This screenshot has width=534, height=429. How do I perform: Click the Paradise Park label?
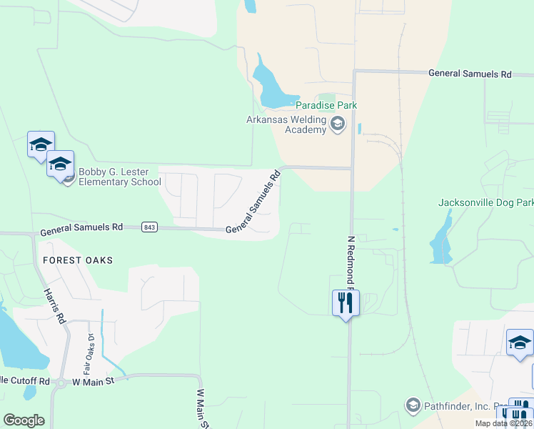(326, 105)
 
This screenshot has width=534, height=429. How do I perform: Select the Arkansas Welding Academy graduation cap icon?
(338, 126)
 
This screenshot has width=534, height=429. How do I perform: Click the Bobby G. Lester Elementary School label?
(119, 177)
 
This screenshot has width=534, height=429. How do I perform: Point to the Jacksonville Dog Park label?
(485, 202)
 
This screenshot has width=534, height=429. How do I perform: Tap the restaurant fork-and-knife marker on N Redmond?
(346, 303)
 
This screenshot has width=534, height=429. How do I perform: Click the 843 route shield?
(149, 227)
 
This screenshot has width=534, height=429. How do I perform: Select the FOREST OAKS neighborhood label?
(77, 260)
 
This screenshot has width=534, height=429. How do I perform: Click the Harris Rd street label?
(54, 307)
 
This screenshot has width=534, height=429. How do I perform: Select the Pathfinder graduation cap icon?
(412, 406)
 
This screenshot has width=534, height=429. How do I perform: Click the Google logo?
(24, 420)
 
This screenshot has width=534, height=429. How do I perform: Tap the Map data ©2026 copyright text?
(504, 423)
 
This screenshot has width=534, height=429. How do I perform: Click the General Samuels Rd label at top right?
(470, 74)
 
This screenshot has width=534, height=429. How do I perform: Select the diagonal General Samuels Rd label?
(253, 202)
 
